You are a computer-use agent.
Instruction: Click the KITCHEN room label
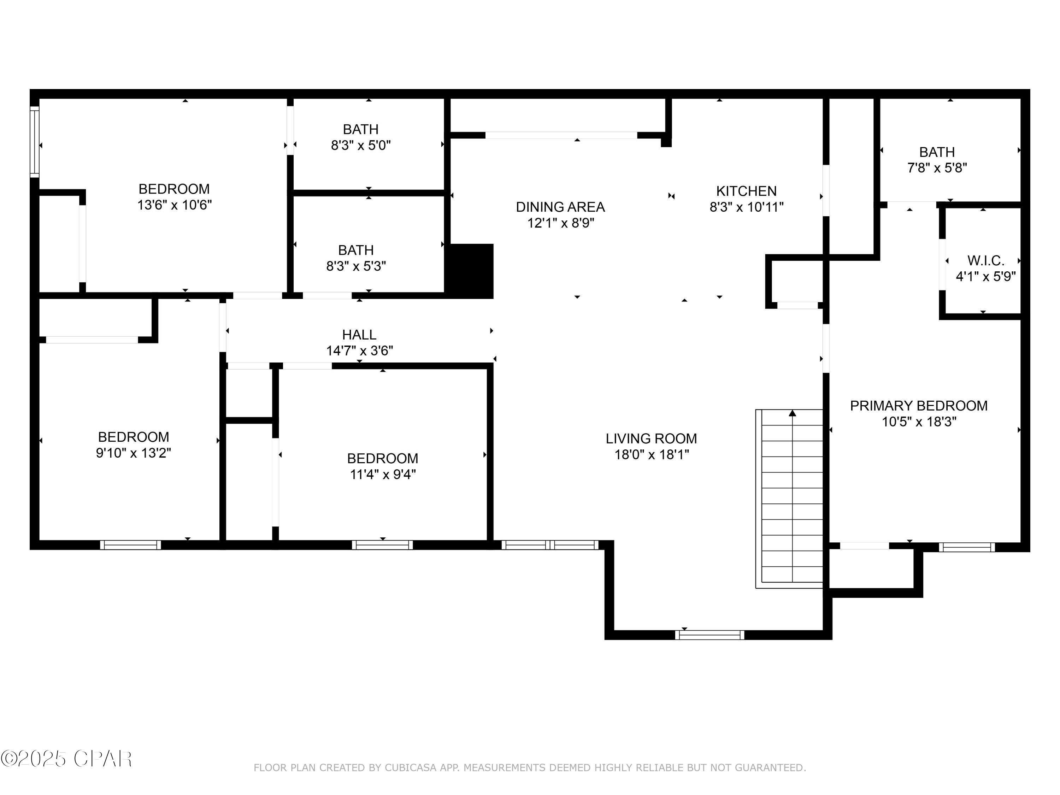click(746, 191)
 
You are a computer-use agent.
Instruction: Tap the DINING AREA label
click(560, 207)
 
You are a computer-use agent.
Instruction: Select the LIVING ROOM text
click(651, 438)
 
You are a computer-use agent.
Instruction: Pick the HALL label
click(359, 335)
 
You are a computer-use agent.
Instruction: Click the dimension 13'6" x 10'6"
click(175, 205)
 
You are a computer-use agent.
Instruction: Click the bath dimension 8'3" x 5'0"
click(360, 145)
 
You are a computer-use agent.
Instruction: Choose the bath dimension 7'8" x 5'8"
click(937, 168)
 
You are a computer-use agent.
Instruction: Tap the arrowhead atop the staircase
click(792, 413)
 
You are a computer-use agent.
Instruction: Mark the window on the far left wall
click(35, 142)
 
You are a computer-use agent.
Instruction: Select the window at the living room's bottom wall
click(710, 635)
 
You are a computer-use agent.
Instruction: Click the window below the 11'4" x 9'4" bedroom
click(382, 545)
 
